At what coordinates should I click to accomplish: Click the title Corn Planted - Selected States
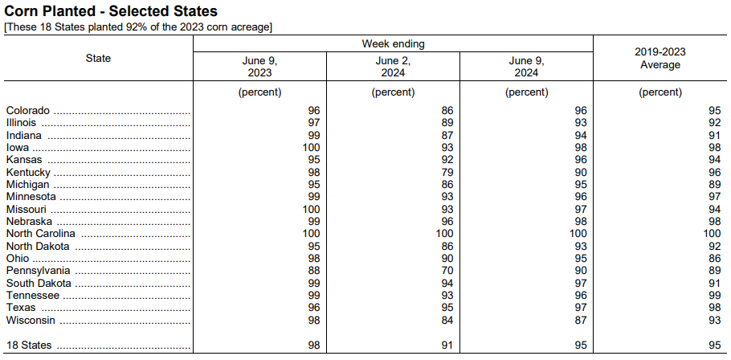tap(111, 10)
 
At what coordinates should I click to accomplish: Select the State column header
tap(98, 59)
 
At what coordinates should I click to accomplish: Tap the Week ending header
tap(393, 44)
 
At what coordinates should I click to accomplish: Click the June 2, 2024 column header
tap(393, 67)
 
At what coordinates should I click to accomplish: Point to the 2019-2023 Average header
tap(660, 59)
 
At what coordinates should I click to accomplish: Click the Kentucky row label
tap(28, 173)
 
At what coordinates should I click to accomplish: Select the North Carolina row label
tap(40, 234)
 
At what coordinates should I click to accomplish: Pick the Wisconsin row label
tap(31, 321)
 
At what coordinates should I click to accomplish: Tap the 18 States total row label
tap(29, 346)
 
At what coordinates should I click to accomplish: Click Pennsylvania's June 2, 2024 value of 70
tap(447, 271)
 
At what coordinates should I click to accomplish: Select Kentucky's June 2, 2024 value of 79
tap(447, 173)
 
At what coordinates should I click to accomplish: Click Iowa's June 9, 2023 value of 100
tap(312, 148)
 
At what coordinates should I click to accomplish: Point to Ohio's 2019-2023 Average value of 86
tap(714, 258)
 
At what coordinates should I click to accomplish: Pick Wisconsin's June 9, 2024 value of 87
tap(581, 321)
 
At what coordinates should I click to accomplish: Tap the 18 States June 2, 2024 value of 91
tap(447, 346)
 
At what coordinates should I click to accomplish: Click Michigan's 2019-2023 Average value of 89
tap(714, 185)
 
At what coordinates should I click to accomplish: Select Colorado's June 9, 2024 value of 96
tap(581, 111)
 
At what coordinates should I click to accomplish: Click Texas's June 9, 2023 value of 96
tap(314, 308)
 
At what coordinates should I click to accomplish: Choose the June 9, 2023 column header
tap(259, 67)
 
